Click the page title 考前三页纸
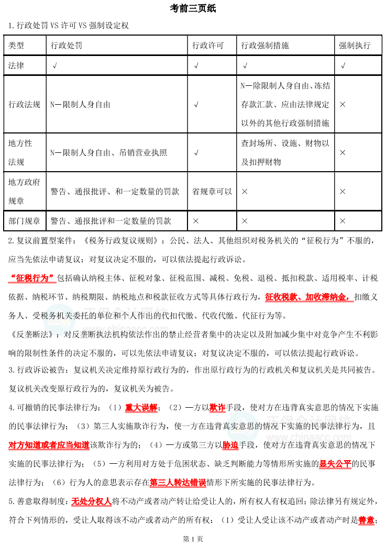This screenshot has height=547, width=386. tap(193, 9)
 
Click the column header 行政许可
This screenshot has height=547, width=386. tap(208, 46)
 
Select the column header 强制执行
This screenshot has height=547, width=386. tap(355, 46)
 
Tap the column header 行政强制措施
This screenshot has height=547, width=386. tap(265, 46)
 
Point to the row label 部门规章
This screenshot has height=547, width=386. tap(24, 221)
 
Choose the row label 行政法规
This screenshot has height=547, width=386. tap(24, 105)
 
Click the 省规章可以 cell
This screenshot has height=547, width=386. tap(212, 192)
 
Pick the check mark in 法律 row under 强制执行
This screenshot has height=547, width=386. tap(343, 66)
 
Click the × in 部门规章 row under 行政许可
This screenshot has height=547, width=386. tap(196, 221)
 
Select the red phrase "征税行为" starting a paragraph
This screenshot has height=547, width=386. tap(32, 277)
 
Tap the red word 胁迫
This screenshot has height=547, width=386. tap(230, 445)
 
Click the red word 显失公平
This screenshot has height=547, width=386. tap(335, 463)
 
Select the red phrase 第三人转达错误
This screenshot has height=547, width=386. tap(178, 482)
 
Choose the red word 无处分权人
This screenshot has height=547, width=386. tap(92, 501)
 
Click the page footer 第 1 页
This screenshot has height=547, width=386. tap(193, 539)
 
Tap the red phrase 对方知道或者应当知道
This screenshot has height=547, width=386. tap(49, 445)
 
